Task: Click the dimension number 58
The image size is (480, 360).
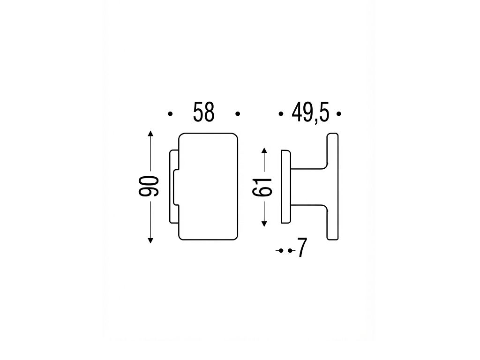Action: click(x=204, y=112)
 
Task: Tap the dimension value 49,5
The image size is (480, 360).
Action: click(x=310, y=113)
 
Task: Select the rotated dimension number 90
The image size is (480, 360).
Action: click(x=149, y=186)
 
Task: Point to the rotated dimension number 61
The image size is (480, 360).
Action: click(x=262, y=187)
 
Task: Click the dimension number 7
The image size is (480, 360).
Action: click(x=302, y=248)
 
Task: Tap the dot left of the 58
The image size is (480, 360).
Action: click(x=171, y=114)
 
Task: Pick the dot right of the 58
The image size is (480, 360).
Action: click(x=238, y=114)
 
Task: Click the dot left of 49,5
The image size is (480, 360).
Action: click(x=280, y=114)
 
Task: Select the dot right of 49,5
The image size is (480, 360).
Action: click(x=338, y=114)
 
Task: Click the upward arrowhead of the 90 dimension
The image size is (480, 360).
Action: click(x=150, y=134)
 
